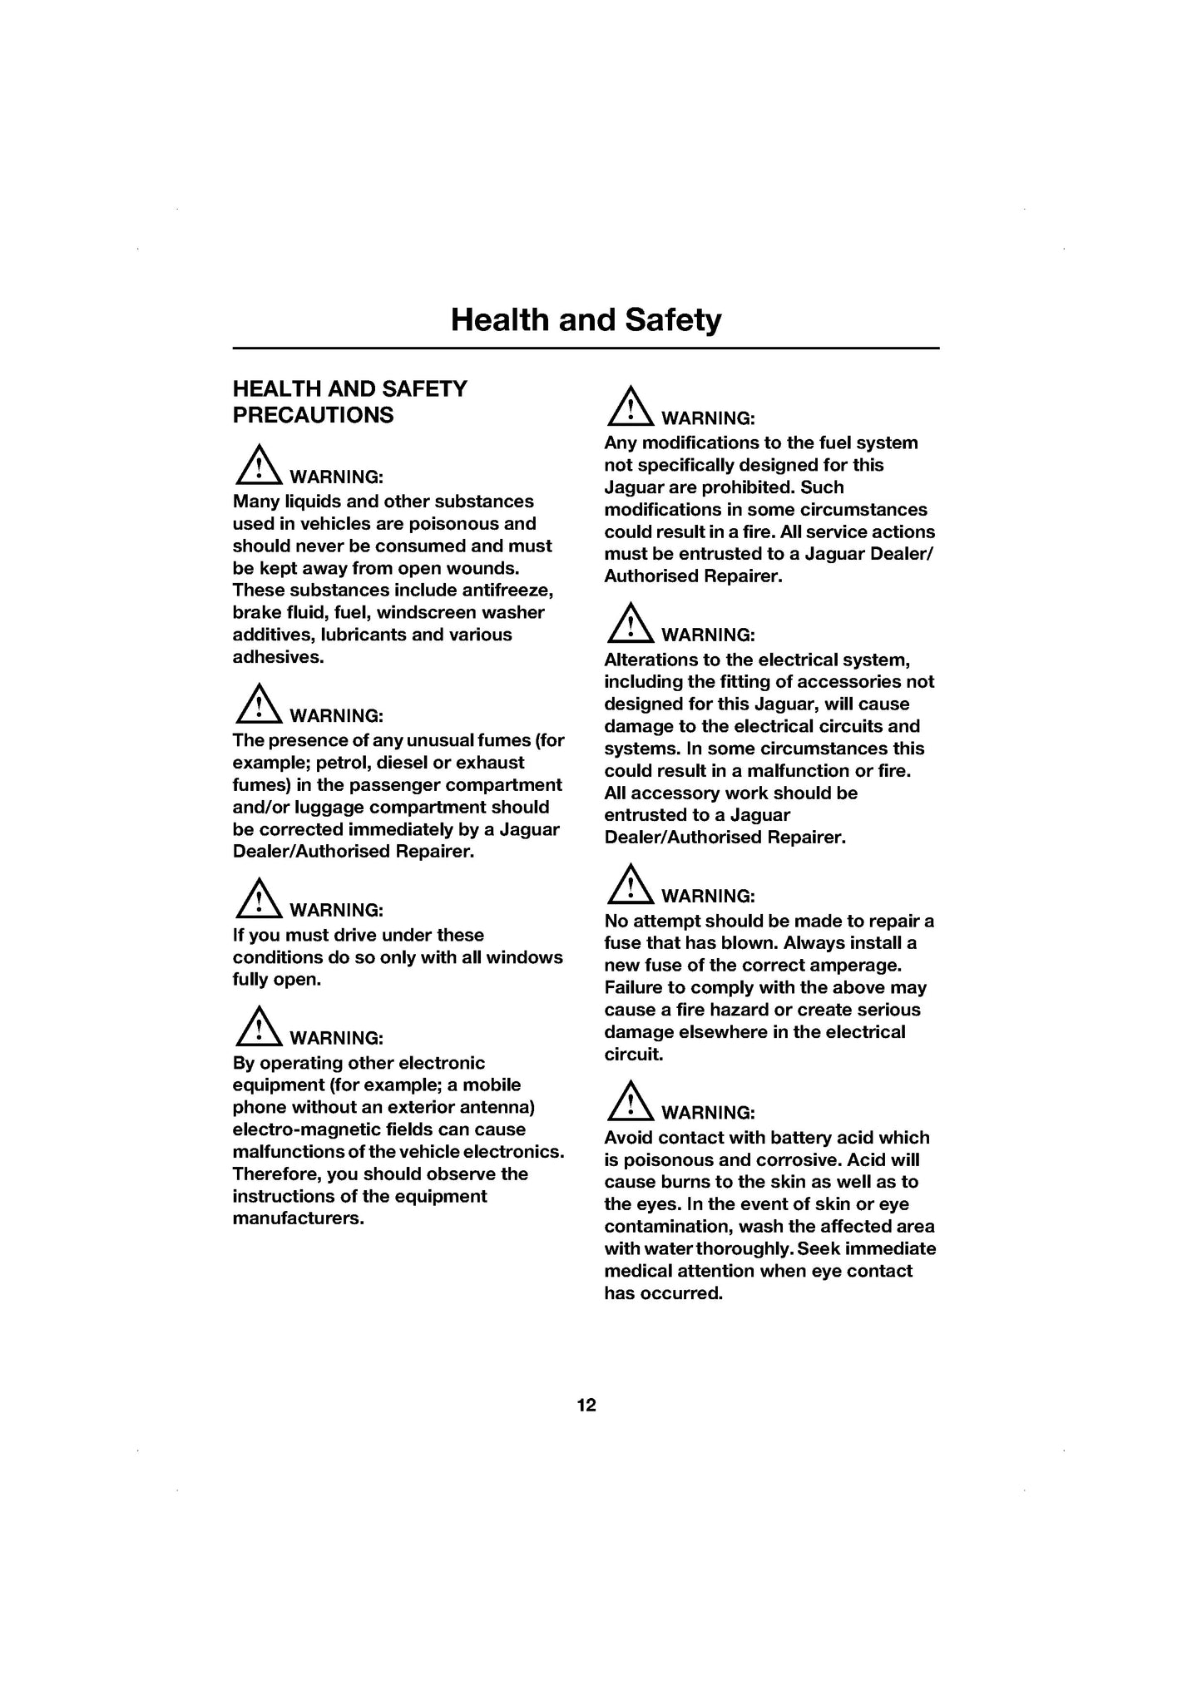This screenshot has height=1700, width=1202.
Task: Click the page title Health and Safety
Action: pyautogui.click(x=586, y=320)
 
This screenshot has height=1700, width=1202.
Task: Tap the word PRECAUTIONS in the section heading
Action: pyautogui.click(x=313, y=415)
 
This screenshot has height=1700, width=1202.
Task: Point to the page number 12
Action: pyautogui.click(x=586, y=1406)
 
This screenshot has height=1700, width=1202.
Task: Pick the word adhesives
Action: pyautogui.click(x=277, y=657)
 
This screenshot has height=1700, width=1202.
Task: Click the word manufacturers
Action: pyautogui.click(x=298, y=1219)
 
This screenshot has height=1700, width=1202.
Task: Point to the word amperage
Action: pyautogui.click(x=861, y=966)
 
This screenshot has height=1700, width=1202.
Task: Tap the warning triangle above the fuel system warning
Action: pyautogui.click(x=630, y=407)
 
